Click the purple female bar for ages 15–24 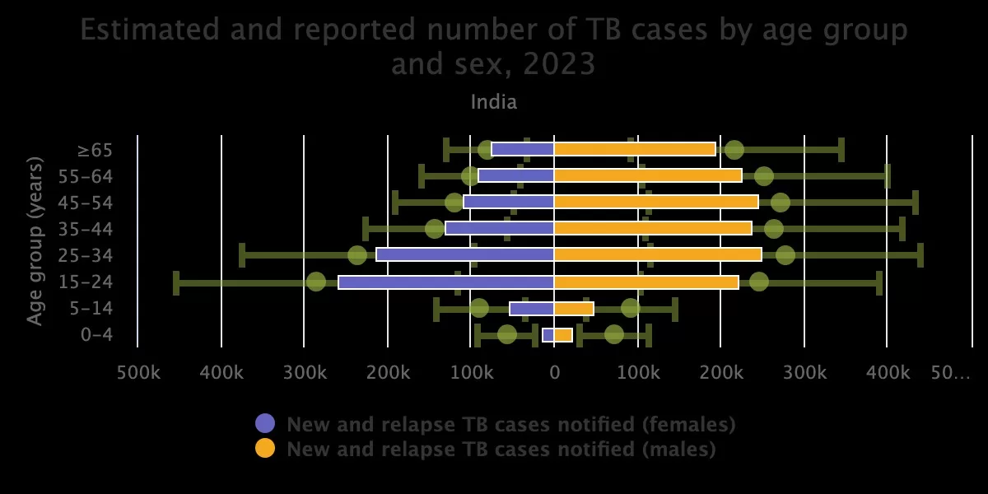point(445,282)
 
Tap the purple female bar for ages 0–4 point(548,335)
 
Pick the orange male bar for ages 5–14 point(573,309)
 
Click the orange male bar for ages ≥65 point(634,149)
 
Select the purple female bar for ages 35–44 point(499,228)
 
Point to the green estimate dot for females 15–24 point(316,282)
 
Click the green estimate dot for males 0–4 point(614,334)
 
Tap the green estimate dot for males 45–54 point(781,203)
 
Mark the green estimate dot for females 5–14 point(479,308)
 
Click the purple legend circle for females point(265,424)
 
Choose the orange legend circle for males point(265,449)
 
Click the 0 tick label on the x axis point(554,373)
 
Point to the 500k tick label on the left point(138,373)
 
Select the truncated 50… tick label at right point(950,373)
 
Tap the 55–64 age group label point(86,176)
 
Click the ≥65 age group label point(95,150)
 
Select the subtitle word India point(494,102)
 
